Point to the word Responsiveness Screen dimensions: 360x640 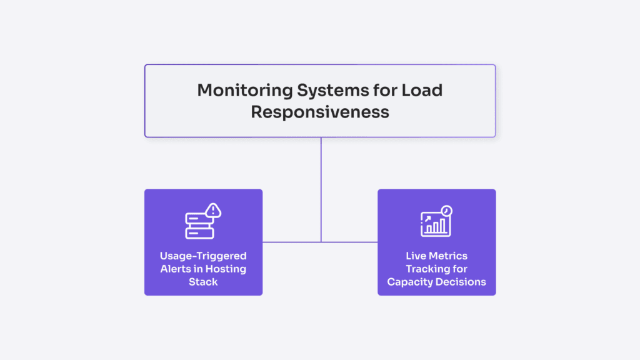320,112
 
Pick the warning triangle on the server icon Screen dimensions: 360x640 214,211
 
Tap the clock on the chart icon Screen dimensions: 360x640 446,211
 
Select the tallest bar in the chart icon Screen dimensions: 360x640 443,226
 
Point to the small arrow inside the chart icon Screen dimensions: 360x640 428,219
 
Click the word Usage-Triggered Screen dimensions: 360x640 203,256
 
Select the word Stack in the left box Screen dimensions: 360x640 203,282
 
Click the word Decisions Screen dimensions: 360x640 462,282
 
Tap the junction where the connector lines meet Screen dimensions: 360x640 321,242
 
